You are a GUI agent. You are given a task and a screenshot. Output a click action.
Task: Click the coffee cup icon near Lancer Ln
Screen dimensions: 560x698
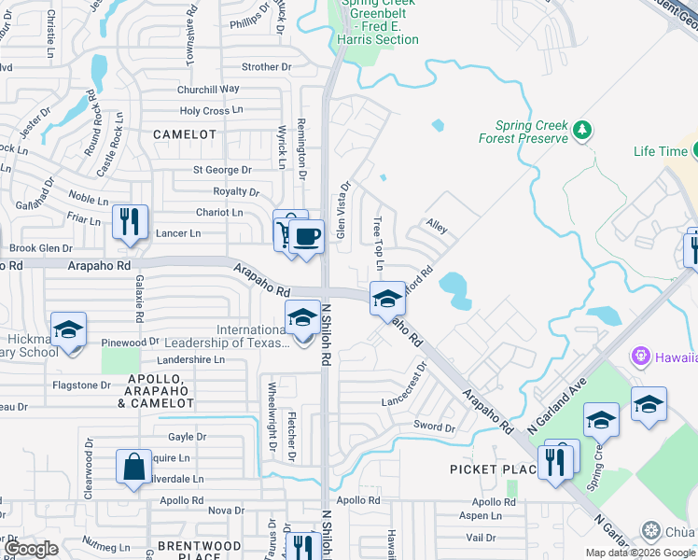[x=305, y=235]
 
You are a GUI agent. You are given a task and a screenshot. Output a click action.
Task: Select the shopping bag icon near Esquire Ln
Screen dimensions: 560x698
[x=134, y=466]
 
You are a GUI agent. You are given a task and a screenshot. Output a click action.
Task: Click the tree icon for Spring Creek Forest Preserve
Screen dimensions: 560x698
[x=583, y=129]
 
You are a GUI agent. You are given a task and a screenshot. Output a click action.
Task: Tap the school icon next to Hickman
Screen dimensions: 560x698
[x=68, y=330]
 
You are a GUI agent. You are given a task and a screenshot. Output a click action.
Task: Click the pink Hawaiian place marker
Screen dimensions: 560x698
[x=640, y=356]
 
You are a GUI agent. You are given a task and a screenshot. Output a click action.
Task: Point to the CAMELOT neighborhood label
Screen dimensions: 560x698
[x=184, y=134]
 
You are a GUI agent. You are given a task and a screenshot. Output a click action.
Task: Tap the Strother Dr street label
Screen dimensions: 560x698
[x=266, y=67]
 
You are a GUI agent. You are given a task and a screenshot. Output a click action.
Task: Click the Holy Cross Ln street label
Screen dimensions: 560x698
[x=211, y=110]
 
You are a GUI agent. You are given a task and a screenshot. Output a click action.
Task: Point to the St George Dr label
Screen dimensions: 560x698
[x=222, y=170]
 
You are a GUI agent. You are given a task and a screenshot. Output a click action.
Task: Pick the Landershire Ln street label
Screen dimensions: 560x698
[x=191, y=359]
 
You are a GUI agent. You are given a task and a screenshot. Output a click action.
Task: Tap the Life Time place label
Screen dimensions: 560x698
[x=660, y=151]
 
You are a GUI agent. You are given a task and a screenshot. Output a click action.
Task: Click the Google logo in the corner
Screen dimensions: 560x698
[x=31, y=549]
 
